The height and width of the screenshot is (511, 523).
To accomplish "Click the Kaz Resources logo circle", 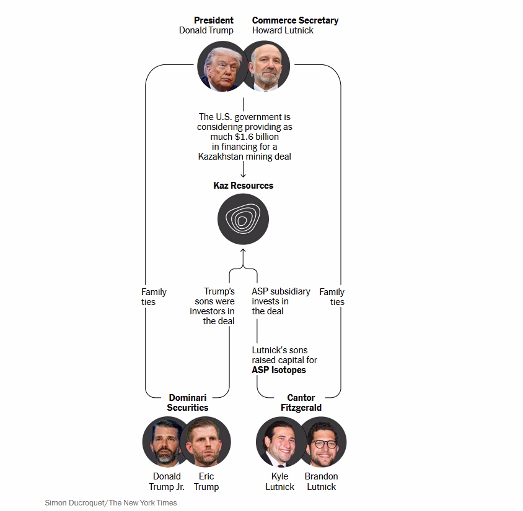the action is [x=243, y=220].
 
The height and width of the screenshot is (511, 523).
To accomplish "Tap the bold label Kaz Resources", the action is [x=243, y=186].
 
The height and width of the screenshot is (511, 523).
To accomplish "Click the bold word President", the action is [x=213, y=20].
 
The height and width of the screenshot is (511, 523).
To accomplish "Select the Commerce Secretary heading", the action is [x=295, y=20].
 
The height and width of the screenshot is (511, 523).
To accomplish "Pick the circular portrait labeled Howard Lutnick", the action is [x=267, y=66].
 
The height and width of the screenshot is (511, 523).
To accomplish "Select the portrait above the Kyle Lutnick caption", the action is [x=279, y=442].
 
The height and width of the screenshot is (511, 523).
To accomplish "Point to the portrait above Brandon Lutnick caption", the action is [x=323, y=442].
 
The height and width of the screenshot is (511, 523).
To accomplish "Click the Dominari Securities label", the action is [x=188, y=403].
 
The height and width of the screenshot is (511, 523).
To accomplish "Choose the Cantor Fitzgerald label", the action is [x=301, y=403].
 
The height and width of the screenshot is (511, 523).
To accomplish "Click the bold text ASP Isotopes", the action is [x=279, y=370].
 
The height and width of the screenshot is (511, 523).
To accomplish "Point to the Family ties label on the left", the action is [x=154, y=297].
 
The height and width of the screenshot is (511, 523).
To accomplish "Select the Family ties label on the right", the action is [x=332, y=297].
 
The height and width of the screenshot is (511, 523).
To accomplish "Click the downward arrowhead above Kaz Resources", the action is [x=243, y=175].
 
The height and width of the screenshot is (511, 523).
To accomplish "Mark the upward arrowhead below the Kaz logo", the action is [x=243, y=251].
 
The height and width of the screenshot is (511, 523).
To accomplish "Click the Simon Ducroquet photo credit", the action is [x=111, y=503].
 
